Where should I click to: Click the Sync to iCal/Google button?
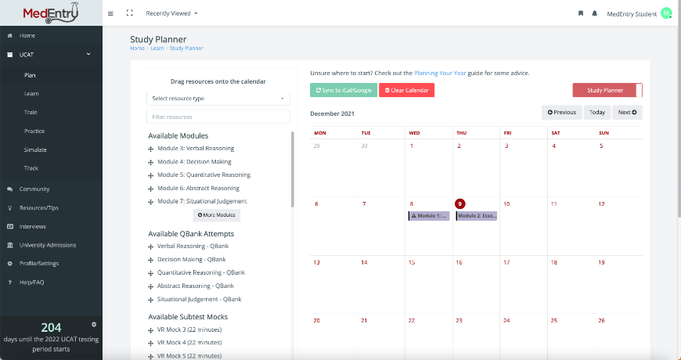(343, 90)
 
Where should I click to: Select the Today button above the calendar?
(597, 112)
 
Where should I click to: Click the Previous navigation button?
(562, 112)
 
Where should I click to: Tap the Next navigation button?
(627, 112)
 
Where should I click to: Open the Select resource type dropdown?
(218, 99)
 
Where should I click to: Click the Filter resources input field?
(218, 117)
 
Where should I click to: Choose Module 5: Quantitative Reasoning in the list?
(204, 175)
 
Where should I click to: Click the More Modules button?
(216, 214)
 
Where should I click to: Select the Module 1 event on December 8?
(429, 215)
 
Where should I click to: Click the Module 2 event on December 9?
(476, 215)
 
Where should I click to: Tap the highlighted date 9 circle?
(460, 203)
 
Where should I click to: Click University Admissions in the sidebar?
(48, 245)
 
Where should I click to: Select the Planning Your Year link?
(440, 73)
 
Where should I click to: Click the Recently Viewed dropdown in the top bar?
(171, 13)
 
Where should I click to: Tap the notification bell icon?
(595, 13)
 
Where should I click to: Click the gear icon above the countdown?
(93, 324)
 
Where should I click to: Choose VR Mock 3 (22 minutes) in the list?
(189, 329)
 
